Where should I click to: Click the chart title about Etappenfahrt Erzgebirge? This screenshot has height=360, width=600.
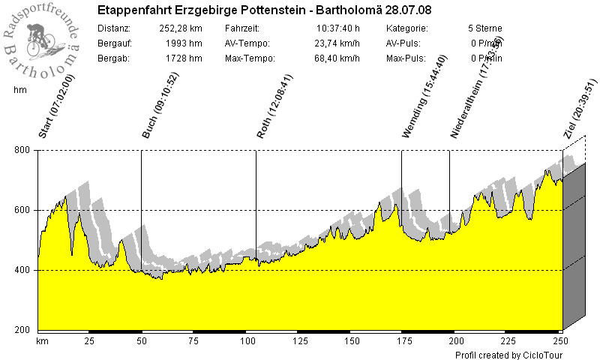click(x=264, y=10)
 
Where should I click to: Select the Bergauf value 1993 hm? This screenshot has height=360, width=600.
click(x=185, y=43)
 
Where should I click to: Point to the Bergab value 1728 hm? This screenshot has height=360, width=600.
click(x=185, y=58)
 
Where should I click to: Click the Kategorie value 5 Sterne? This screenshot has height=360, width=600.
click(x=484, y=28)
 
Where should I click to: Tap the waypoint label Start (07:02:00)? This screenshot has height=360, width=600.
click(x=46, y=106)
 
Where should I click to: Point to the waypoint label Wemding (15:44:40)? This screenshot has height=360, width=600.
click(x=425, y=96)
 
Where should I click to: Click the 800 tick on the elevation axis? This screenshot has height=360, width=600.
click(x=22, y=151)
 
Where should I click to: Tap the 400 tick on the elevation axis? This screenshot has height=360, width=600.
click(x=22, y=271)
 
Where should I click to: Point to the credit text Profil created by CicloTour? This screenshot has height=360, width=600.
click(x=508, y=355)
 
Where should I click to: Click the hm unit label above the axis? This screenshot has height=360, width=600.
click(x=20, y=90)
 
